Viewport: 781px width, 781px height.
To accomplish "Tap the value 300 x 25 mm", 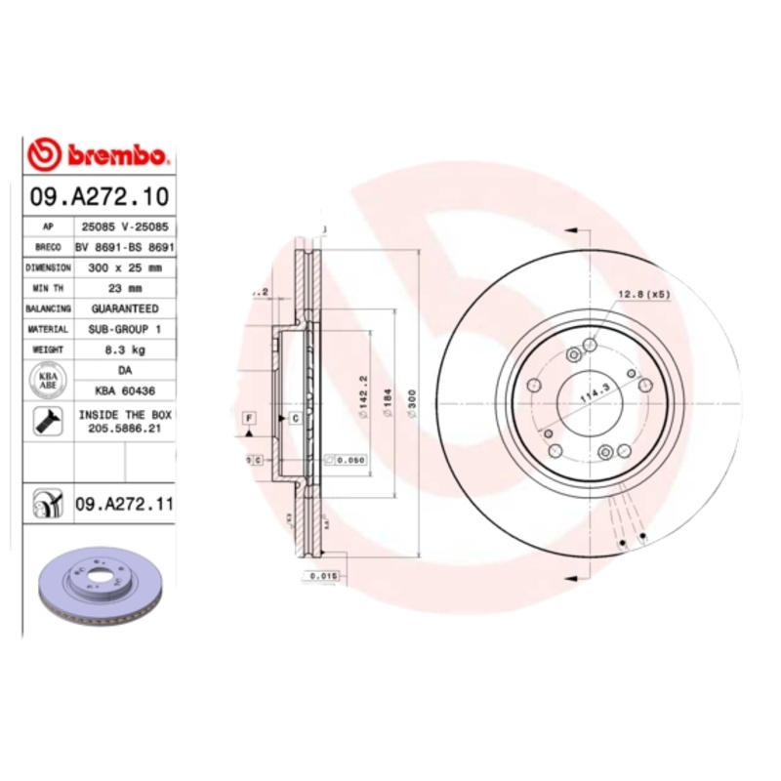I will (x=125, y=267).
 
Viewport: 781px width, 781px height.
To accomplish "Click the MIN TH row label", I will (x=48, y=288).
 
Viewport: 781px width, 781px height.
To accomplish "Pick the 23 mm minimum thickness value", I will (x=125, y=288).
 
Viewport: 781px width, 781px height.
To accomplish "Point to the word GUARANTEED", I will (x=125, y=308).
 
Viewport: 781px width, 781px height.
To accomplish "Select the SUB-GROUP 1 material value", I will (x=125, y=329).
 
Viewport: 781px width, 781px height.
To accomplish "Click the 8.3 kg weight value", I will (x=125, y=349).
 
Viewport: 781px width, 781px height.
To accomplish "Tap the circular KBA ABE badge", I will (x=47, y=381).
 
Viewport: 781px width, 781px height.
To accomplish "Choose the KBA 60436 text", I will (x=125, y=390).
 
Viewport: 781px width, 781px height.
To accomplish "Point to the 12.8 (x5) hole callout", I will (x=642, y=294).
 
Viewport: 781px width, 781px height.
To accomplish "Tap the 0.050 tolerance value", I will (x=349, y=459).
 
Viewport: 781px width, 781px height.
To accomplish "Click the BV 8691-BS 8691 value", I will (x=125, y=247).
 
